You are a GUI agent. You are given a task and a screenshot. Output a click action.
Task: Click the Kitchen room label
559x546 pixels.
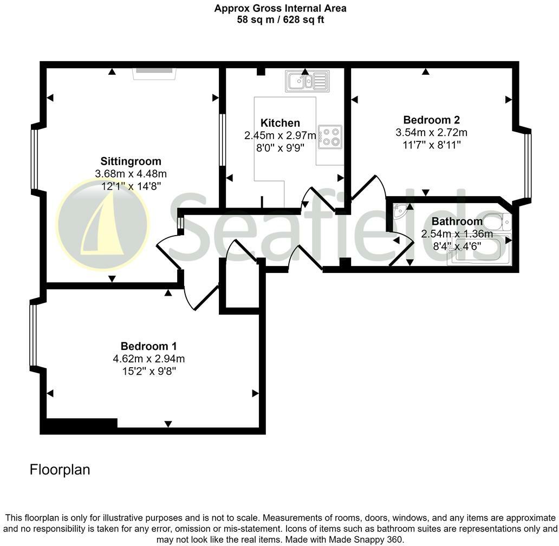(279, 123)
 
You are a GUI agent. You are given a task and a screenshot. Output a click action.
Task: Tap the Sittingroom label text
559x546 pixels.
(131, 161)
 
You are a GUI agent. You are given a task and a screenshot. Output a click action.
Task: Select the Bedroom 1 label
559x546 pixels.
(148, 346)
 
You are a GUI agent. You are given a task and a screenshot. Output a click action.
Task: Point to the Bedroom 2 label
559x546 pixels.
(431, 120)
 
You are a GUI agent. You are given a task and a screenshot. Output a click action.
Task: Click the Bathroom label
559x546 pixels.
(457, 222)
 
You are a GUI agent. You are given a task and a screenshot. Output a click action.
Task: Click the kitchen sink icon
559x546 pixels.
(307, 81)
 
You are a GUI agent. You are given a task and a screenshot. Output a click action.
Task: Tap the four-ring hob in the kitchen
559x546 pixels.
(330, 136)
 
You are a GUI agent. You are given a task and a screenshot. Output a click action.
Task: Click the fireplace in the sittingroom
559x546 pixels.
(154, 73)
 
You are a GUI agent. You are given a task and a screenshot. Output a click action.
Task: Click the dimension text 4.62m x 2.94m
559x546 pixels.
(148, 359)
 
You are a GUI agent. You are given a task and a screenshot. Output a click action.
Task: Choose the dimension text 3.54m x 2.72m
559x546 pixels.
(431, 132)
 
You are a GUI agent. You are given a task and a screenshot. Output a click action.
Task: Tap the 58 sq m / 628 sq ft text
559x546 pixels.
(280, 20)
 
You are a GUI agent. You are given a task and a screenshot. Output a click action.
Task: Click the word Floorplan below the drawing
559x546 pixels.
(60, 470)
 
